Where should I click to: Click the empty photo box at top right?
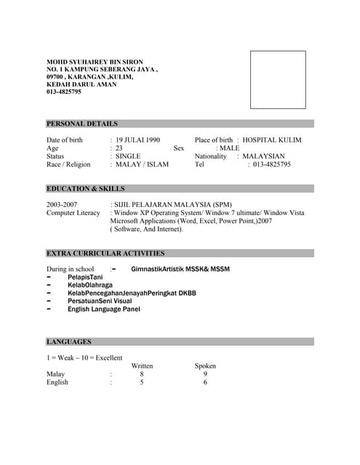coord(278,80)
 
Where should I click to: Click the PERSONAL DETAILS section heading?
coord(82,124)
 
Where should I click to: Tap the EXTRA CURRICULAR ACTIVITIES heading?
coord(105,254)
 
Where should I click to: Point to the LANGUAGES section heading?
coord(69,341)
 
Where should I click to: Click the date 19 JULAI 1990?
coord(138,139)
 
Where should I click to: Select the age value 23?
coord(119,148)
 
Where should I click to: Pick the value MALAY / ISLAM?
coord(143,165)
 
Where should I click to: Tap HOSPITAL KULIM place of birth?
coord(272,139)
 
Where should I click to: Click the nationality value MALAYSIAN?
coord(263,156)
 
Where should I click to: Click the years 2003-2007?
coord(62,205)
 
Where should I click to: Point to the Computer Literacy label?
coord(73,213)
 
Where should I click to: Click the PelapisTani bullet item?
coord(85,278)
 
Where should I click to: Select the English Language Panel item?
coord(104,309)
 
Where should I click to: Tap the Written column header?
coord(142,365)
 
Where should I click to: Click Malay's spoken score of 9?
coord(205,374)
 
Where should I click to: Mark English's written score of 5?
coord(142,382)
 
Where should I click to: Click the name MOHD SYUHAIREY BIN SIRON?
coord(95,62)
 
